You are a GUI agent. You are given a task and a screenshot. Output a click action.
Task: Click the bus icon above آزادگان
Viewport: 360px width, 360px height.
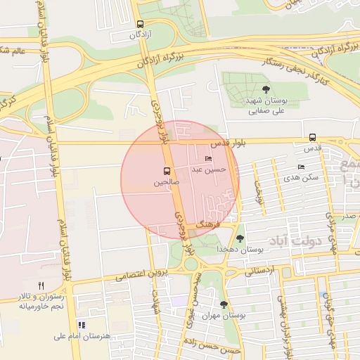[x=141, y=23]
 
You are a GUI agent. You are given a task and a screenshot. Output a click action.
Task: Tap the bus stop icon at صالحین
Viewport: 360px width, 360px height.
[x=167, y=171]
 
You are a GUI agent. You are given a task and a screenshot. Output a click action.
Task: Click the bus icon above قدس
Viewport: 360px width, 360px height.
[x=312, y=138]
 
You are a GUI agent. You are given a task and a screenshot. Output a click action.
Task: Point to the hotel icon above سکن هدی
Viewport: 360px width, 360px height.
[x=301, y=167]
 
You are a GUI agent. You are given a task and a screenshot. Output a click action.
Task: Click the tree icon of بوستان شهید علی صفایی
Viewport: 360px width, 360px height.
[x=266, y=89]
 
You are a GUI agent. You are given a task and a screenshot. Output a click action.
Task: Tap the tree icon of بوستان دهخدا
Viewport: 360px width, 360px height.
[x=240, y=239]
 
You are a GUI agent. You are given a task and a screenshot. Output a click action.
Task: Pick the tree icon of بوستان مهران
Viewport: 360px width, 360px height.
[x=224, y=304]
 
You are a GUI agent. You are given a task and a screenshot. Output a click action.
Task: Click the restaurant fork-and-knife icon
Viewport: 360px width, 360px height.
[x=41, y=285]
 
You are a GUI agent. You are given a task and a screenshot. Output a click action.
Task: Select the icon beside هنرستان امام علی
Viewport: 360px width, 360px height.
[x=82, y=325]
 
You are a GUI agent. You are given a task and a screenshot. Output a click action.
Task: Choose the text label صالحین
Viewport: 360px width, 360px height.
[x=167, y=182]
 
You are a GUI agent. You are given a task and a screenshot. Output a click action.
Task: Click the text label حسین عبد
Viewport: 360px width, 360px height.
[x=214, y=169]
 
